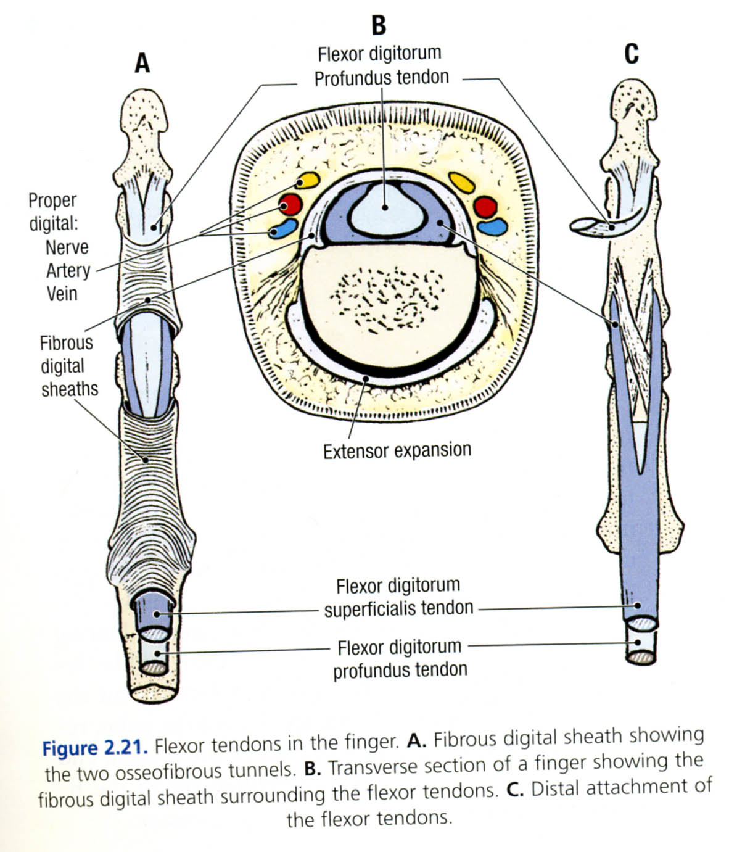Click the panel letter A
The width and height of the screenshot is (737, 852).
[142, 62]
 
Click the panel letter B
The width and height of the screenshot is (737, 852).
[379, 25]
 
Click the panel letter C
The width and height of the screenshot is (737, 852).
[631, 54]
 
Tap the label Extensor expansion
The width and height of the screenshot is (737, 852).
[397, 451]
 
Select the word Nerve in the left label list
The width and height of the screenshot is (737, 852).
[67, 247]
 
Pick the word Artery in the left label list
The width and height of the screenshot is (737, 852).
[68, 270]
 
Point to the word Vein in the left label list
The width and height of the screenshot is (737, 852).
[62, 293]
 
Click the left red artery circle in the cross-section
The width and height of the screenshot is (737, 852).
[290, 205]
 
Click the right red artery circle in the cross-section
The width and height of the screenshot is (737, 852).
[485, 207]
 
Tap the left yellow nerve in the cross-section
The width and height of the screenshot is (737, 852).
[307, 180]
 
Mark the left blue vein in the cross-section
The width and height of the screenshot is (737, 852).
[283, 228]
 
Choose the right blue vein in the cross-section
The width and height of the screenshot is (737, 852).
[492, 227]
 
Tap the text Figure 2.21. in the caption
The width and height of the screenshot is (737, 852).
[95, 748]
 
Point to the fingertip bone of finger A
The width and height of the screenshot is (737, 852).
[143, 117]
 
